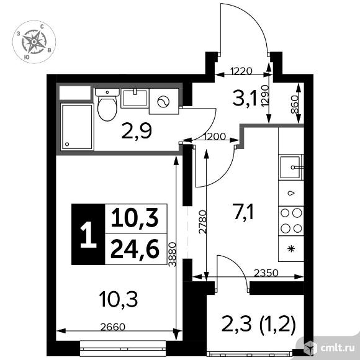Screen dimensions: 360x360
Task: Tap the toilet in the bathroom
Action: [107, 106]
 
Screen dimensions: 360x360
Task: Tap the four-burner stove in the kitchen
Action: [290, 220]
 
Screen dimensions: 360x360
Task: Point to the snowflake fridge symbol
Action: [290, 249]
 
